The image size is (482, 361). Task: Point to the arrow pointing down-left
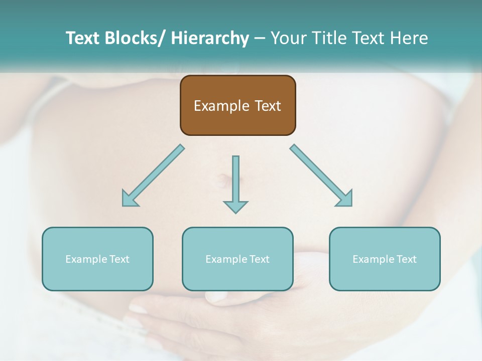(153, 175)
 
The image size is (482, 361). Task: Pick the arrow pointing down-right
(321, 175)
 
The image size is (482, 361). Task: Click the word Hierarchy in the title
(210, 38)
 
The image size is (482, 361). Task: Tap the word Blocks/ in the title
(136, 38)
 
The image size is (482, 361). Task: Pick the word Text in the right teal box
(406, 259)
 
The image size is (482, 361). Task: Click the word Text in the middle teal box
(259, 259)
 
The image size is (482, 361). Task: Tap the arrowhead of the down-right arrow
(345, 199)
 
